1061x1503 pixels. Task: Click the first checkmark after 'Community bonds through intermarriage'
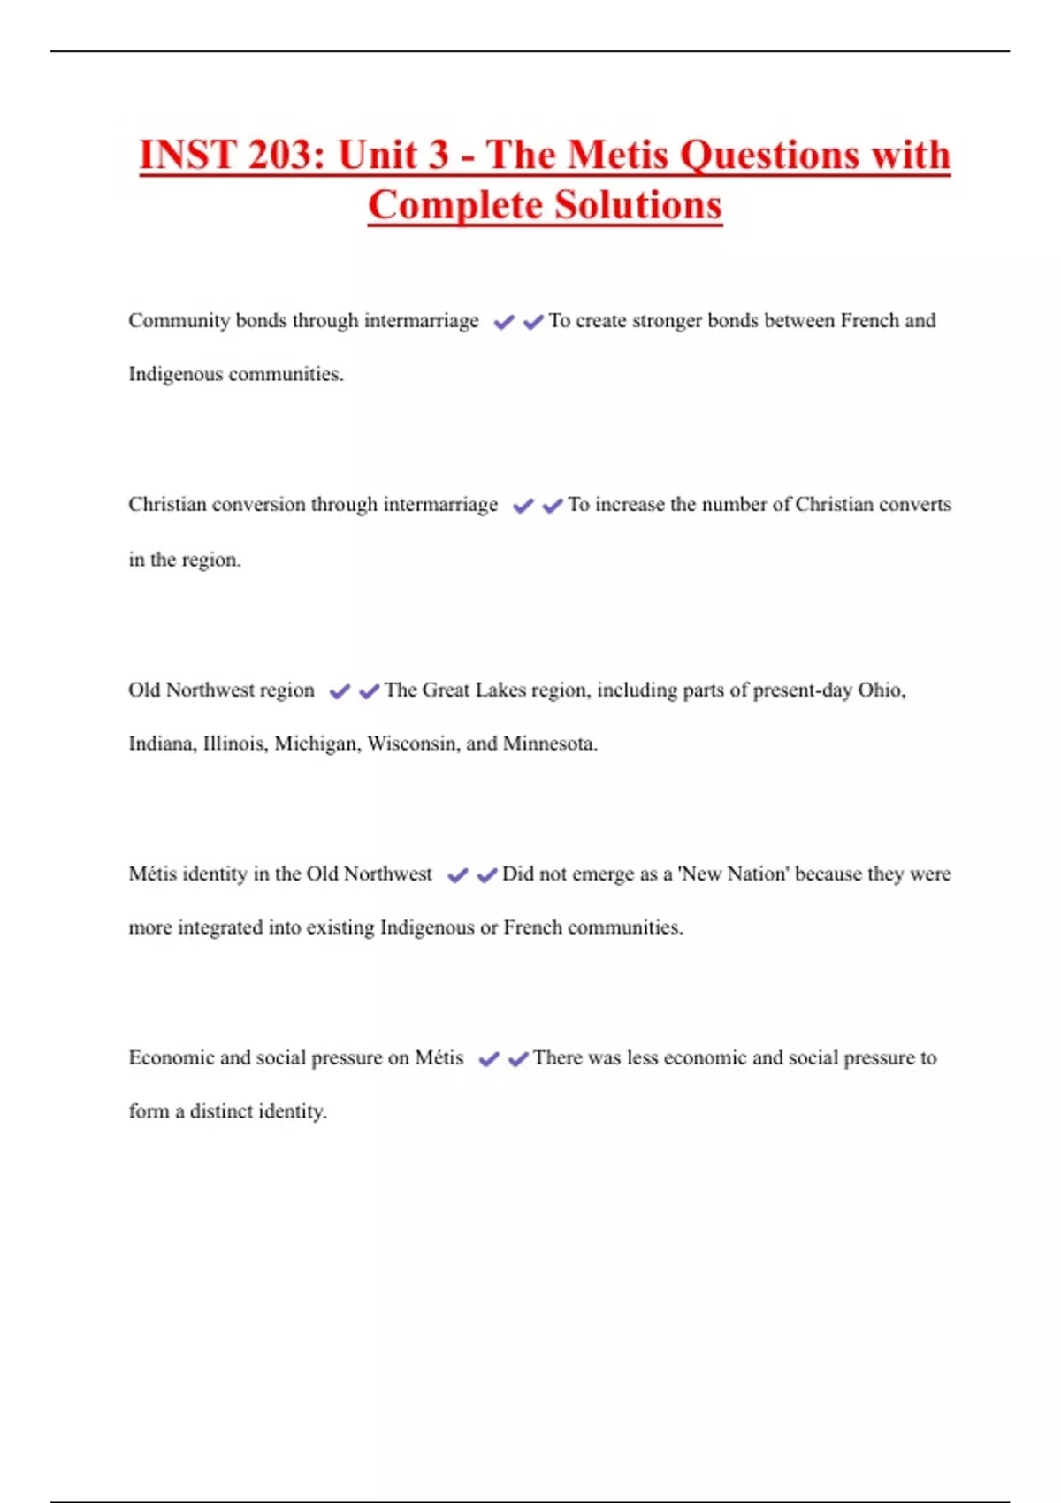point(504,323)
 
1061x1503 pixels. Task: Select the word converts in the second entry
point(914,505)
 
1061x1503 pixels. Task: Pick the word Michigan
point(317,744)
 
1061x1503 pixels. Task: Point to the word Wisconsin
point(413,744)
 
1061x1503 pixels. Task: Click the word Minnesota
point(549,744)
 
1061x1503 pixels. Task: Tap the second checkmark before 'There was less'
point(519,1059)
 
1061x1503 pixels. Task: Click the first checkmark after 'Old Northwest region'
point(340,691)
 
